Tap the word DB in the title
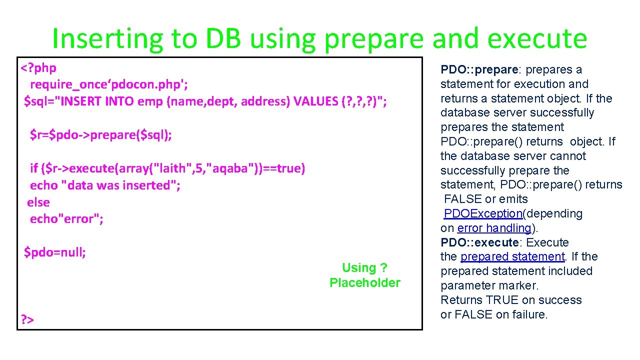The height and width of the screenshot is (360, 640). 222,39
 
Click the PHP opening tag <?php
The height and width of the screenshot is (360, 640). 38,67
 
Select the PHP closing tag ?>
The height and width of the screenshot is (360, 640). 27,319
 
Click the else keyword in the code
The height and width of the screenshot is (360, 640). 38,202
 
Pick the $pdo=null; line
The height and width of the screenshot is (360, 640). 55,252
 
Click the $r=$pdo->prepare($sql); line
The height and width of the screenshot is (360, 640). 100,135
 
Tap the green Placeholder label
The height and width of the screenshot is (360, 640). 364,283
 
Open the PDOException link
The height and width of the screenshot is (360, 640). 483,213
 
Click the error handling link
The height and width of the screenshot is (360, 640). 493,228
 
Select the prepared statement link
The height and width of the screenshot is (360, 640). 512,256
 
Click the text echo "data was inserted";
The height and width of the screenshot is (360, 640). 105,185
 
